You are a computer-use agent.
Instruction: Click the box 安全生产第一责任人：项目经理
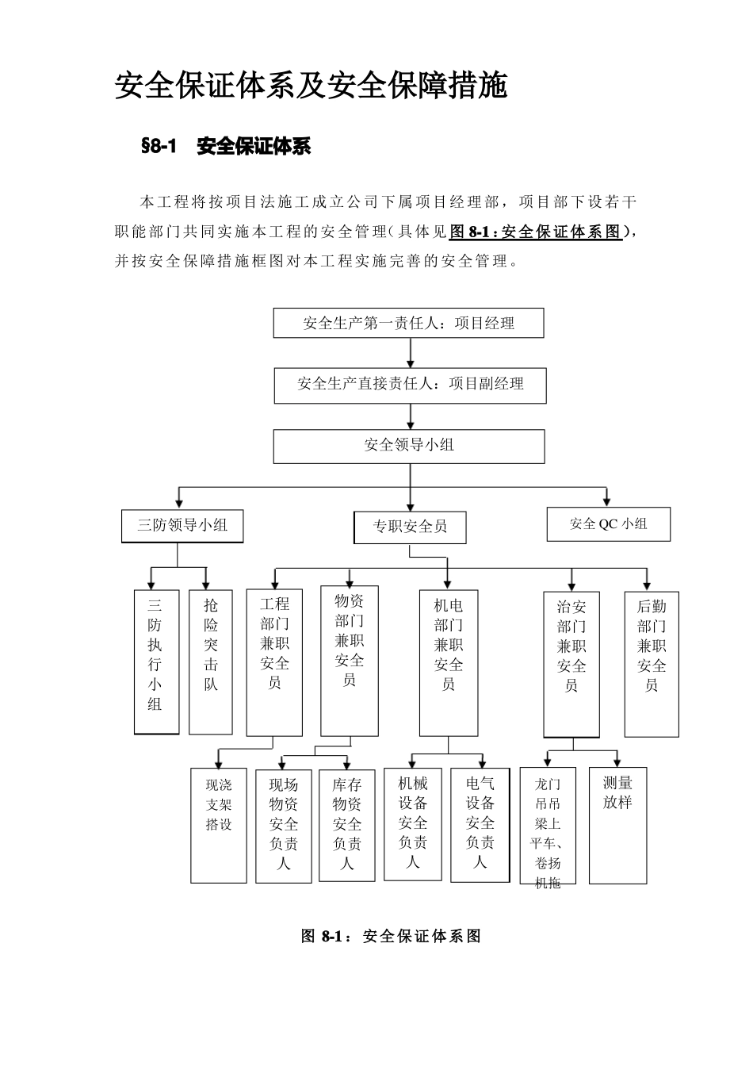[409, 324]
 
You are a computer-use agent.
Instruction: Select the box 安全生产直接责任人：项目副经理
[411, 385]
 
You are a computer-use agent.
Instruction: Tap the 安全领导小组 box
[409, 446]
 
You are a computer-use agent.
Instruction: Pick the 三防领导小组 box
[182, 525]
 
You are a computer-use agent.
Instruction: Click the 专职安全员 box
[410, 527]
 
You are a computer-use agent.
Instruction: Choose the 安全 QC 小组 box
[609, 524]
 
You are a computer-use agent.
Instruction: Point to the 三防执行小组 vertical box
[155, 661]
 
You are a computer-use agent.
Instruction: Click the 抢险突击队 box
[211, 661]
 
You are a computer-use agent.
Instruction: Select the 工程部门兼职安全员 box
[274, 661]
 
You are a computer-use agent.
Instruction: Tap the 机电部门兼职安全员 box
[449, 661]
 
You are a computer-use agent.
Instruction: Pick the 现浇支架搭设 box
[219, 825]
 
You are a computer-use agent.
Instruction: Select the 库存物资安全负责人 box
[347, 825]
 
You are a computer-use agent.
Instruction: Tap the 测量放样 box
[617, 825]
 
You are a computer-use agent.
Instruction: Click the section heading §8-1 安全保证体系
[226, 147]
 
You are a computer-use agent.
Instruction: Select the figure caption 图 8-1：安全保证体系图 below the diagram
[392, 936]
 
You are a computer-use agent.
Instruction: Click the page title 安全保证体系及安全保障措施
[312, 86]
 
